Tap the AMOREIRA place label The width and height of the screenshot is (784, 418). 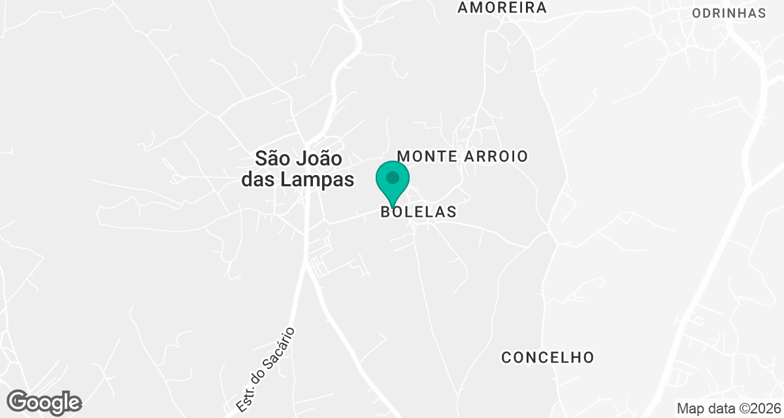(502, 8)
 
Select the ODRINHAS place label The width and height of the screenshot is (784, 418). (728, 14)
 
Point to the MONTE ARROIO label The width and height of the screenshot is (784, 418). (462, 157)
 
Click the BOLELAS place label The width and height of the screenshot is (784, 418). (418, 212)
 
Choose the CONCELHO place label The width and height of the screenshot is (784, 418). (547, 357)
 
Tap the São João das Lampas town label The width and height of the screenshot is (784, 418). (298, 169)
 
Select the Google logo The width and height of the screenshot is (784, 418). (44, 402)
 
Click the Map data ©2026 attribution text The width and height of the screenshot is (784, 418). (728, 408)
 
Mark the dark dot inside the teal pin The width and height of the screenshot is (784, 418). (393, 177)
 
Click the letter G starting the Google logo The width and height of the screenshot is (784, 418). (20, 402)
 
